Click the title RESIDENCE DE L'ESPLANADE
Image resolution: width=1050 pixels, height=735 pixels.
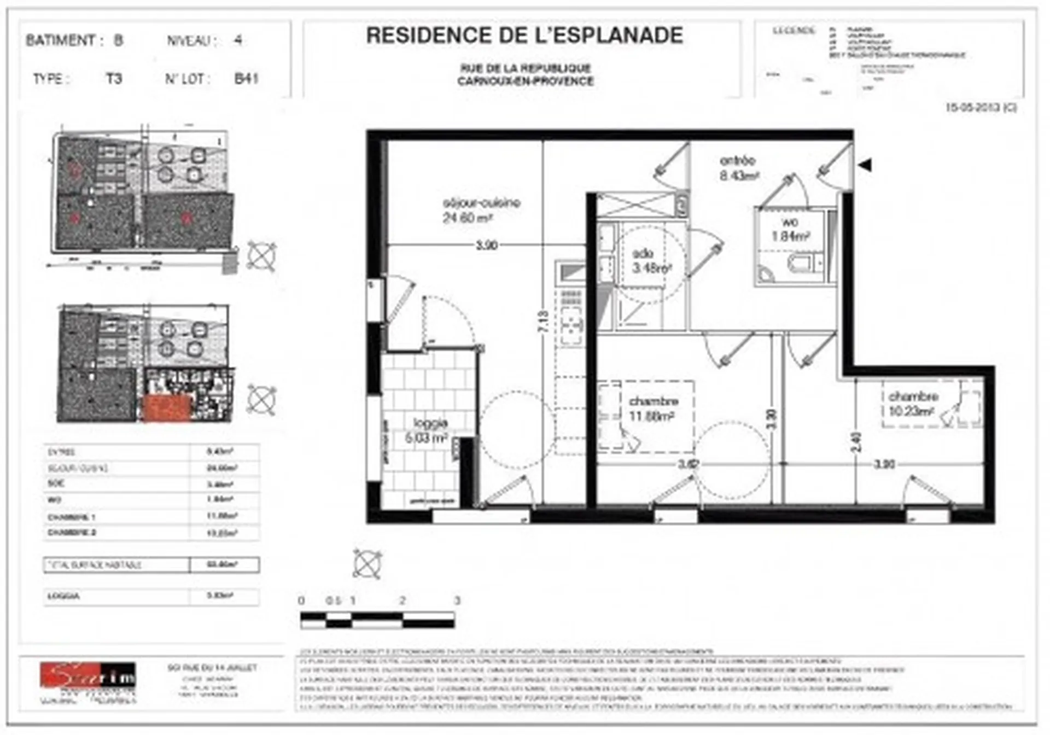[x=524, y=36]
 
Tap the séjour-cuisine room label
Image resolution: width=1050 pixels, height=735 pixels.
[x=481, y=210]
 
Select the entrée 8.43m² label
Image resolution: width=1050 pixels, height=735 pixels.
[x=738, y=168]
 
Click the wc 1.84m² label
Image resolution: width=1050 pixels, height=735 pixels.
[x=790, y=229]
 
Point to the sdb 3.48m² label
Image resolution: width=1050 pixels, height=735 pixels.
[x=651, y=261]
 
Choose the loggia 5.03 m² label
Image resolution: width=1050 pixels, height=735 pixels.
[x=427, y=430]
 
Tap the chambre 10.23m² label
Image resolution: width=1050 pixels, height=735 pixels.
[x=913, y=403]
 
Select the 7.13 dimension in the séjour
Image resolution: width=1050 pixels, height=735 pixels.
[x=542, y=322]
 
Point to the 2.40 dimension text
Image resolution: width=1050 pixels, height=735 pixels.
[x=856, y=442]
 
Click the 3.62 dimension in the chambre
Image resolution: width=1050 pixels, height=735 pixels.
[x=687, y=464]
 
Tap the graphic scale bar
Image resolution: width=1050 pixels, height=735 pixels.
[x=377, y=620]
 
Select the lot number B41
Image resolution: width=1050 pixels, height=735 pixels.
[x=246, y=79]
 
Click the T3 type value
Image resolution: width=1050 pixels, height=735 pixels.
[x=114, y=79]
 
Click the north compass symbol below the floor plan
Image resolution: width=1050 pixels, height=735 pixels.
[x=367, y=564]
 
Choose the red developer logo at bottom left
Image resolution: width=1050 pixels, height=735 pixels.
[x=87, y=675]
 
